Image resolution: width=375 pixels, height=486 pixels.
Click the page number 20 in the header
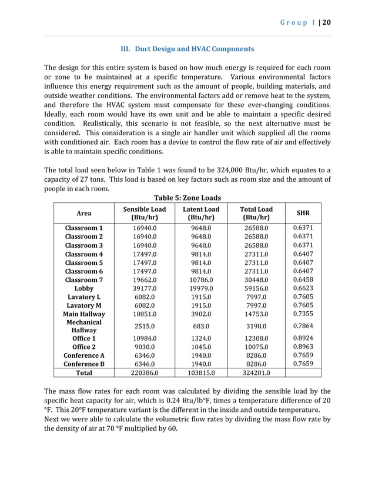pos(327,22)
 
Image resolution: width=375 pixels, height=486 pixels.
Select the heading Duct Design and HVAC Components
pos(187,49)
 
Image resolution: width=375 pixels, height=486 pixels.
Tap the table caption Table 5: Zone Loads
pos(187,198)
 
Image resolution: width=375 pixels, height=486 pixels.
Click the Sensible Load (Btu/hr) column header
pos(144,213)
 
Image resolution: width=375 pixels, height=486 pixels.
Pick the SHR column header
pos(303,213)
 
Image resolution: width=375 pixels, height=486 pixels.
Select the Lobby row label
pos(84,289)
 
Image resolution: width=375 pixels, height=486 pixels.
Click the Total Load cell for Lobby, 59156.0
pos(256,289)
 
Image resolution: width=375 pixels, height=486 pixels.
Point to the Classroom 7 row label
pos(84,280)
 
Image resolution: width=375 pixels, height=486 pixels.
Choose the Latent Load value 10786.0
pos(200,280)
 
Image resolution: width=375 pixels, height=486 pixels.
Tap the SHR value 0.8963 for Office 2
pos(303,347)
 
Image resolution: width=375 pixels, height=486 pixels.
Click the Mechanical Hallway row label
pos(84,327)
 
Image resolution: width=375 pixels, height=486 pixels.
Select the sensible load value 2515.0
pos(144,326)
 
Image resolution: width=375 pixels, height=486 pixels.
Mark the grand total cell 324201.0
pos(256,372)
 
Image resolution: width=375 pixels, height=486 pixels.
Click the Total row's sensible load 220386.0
pos(144,372)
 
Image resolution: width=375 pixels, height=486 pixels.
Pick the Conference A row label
pos(84,355)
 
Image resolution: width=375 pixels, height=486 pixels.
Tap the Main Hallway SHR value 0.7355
pos(303,314)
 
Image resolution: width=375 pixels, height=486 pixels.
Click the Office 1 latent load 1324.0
pos(200,339)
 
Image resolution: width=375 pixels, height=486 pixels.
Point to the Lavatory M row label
pos(84,306)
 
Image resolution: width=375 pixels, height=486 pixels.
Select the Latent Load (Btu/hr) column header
pos(200,213)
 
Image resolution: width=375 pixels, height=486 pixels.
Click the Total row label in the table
pos(84,372)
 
